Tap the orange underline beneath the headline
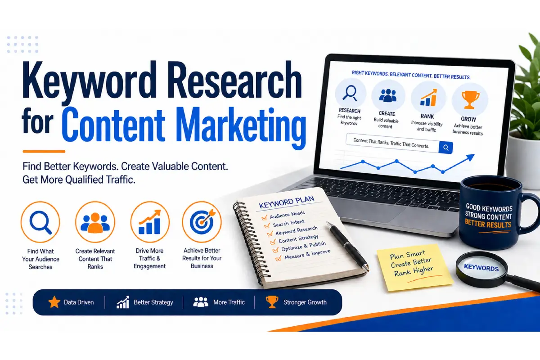tap(44, 152)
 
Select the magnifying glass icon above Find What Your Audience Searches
tap(40, 222)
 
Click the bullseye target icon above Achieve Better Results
tap(202, 221)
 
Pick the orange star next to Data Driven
tap(54, 302)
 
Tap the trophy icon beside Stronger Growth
tap(272, 302)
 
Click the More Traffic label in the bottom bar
tap(229, 302)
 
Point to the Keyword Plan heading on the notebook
tap(286, 202)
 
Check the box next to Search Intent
tap(267, 226)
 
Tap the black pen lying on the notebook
tap(347, 247)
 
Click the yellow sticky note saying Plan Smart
tap(414, 267)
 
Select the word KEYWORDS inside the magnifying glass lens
tap(481, 267)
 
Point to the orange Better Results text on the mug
tap(488, 224)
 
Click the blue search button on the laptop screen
tap(446, 148)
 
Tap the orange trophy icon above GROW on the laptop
tap(470, 99)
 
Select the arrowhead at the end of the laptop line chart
tap(470, 157)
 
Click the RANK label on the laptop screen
tap(427, 117)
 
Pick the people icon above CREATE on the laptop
tap(387, 95)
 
